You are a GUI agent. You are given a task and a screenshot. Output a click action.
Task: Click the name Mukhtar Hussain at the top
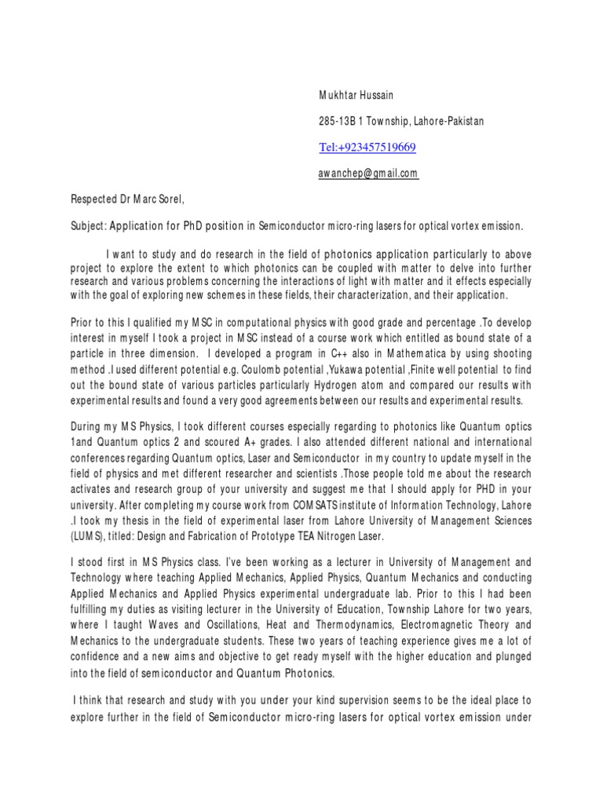click(355, 96)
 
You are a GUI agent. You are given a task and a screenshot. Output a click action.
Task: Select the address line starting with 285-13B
click(401, 122)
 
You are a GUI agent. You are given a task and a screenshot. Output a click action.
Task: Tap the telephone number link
click(367, 148)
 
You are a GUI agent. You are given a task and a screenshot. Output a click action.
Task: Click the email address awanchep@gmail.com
click(368, 174)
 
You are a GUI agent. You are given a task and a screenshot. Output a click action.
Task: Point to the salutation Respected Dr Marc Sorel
click(128, 200)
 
